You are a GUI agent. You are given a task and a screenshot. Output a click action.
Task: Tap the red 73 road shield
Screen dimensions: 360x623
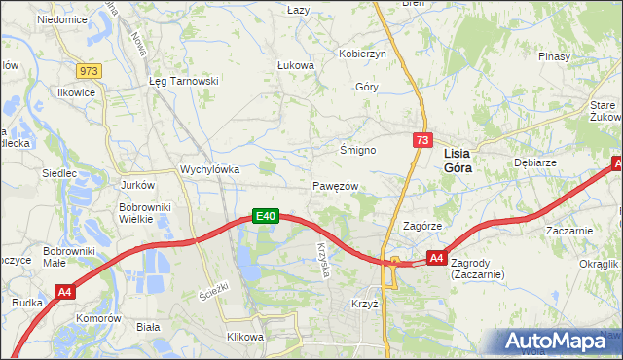[421, 141]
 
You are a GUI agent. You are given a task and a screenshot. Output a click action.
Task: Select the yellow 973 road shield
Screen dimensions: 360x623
[90, 71]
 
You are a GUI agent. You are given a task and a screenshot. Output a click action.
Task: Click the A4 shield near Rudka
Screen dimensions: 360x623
[65, 291]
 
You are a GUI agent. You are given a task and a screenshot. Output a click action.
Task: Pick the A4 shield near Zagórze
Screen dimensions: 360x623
[437, 258]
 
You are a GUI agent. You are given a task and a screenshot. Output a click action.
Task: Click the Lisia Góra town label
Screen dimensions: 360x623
[464, 161]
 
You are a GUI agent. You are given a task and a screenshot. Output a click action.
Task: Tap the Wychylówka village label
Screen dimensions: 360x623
[209, 168]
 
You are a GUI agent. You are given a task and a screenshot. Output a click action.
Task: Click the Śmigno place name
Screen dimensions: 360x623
[357, 150]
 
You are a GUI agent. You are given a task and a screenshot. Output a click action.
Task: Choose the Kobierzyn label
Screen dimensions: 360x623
[362, 54]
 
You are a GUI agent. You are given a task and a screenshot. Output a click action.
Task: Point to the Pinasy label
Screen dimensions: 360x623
[552, 56]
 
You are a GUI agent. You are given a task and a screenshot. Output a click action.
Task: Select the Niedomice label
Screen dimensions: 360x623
[61, 18]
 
